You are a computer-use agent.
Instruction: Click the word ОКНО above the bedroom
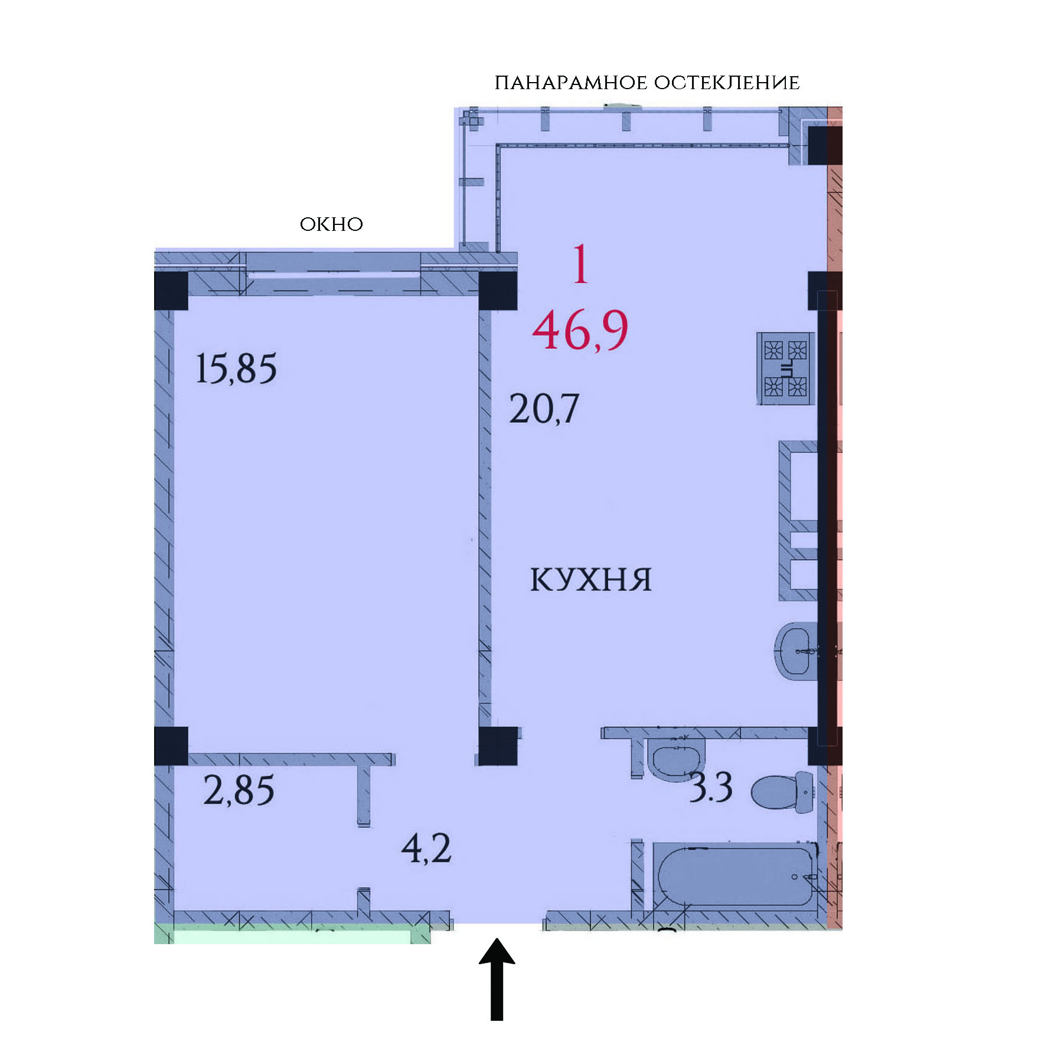click(331, 224)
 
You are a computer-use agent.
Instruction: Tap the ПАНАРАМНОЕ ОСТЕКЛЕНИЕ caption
click(647, 83)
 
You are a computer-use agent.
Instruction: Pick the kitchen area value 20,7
click(544, 409)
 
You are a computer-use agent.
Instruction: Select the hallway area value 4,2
click(426, 848)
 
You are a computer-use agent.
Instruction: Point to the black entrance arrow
click(497, 979)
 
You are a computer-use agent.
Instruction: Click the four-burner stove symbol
click(785, 368)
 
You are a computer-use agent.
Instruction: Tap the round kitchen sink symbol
click(796, 651)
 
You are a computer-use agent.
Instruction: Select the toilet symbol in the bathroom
click(782, 792)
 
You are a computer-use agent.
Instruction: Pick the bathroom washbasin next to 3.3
click(676, 758)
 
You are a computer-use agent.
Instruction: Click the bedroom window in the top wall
click(333, 273)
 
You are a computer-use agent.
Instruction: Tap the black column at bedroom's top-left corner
click(171, 291)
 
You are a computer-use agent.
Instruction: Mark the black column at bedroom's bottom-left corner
click(171, 746)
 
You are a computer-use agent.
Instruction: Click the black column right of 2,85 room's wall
click(498, 746)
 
